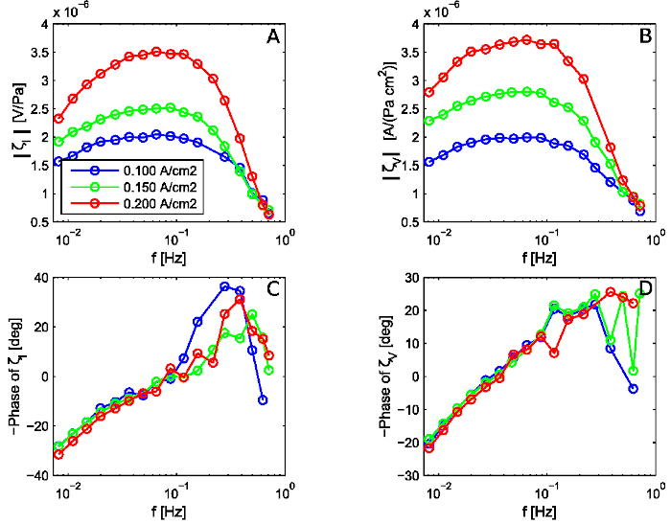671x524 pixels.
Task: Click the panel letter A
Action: (x=271, y=39)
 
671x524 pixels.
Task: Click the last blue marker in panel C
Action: (x=263, y=399)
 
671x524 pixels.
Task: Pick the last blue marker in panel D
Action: (x=634, y=388)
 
